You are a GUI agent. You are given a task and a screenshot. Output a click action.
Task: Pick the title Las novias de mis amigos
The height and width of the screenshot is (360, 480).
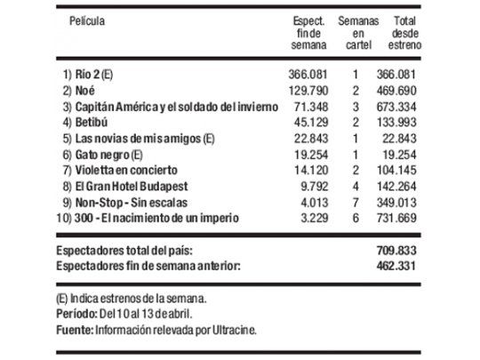click(x=134, y=137)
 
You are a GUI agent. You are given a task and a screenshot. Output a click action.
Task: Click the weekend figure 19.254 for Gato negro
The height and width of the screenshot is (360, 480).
click(x=311, y=153)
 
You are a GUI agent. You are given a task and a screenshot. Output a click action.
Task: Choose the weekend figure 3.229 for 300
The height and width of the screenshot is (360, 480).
click(x=314, y=216)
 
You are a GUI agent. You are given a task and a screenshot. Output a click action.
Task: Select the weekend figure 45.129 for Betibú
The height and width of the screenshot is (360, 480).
click(x=311, y=122)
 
